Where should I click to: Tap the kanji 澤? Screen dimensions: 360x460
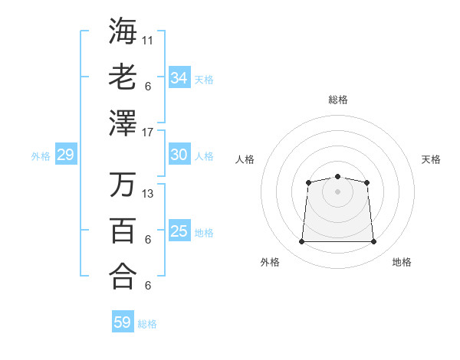123,123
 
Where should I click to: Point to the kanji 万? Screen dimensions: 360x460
123,184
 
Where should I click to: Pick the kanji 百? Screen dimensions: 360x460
123,231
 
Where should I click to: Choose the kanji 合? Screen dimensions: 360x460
123,276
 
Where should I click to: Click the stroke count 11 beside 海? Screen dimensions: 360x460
148,39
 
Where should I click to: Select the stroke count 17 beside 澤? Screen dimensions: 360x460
148,133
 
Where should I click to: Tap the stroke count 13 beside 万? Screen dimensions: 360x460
148,193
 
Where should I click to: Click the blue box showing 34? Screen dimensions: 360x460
179,78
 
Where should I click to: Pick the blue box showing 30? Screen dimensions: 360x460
179,155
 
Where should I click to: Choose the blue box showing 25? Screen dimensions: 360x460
179,231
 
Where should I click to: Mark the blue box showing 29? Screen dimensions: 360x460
65,155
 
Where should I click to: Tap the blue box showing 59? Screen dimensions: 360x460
122,322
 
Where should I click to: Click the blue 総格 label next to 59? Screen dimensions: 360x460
147,324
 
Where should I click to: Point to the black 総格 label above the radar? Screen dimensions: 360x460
337,100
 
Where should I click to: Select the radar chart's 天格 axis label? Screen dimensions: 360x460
431,159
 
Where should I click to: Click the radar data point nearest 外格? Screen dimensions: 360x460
301,242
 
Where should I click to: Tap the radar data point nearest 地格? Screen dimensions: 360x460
374,242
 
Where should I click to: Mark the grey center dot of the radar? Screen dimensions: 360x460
337,191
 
